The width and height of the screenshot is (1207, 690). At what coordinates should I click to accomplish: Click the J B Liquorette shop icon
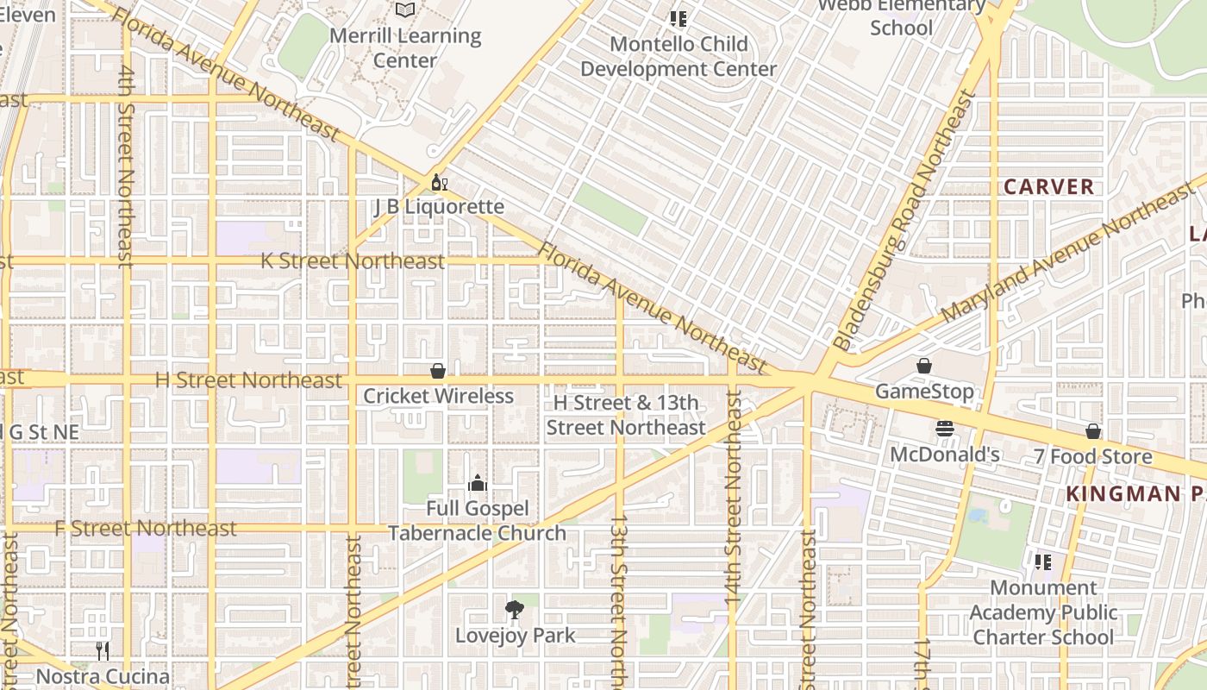[439, 183]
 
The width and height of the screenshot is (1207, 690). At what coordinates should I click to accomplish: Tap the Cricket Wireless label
[438, 396]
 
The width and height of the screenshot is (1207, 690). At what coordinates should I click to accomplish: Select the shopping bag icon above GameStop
[924, 366]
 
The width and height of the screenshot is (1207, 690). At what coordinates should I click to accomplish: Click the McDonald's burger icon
[945, 429]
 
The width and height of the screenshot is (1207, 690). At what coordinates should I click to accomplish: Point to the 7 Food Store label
[1093, 456]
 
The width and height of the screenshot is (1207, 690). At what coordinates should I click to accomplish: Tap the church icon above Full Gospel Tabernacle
[477, 483]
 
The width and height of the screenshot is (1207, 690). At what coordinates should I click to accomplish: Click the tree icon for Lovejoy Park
[515, 610]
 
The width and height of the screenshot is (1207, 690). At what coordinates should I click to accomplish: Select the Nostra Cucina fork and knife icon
[103, 650]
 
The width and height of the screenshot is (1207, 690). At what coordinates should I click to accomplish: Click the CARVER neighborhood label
[1048, 186]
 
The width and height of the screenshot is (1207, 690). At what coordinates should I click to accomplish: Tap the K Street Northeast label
[353, 260]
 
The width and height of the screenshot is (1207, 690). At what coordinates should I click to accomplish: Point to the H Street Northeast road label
[248, 380]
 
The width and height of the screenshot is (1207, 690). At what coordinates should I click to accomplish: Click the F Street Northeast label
[145, 528]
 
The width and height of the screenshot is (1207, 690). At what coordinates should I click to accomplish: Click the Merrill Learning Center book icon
[405, 9]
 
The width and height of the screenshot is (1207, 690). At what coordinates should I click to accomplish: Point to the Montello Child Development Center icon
[679, 18]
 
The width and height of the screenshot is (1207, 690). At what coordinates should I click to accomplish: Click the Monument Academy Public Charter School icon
[1042, 562]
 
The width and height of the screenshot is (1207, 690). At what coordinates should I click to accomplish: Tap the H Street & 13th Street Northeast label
[626, 415]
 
